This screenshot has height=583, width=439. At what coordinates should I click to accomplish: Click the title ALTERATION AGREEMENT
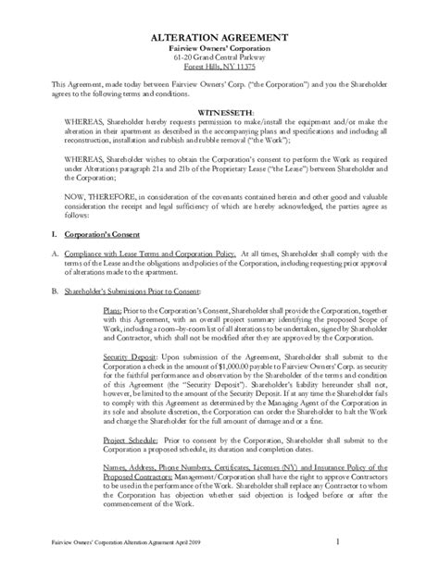[219, 36]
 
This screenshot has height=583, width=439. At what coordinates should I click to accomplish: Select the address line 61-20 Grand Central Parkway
[219, 57]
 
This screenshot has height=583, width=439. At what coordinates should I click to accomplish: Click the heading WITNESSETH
[219, 109]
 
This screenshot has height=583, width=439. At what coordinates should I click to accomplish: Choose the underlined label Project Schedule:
[133, 456]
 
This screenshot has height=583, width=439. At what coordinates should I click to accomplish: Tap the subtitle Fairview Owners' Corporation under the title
[219, 47]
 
